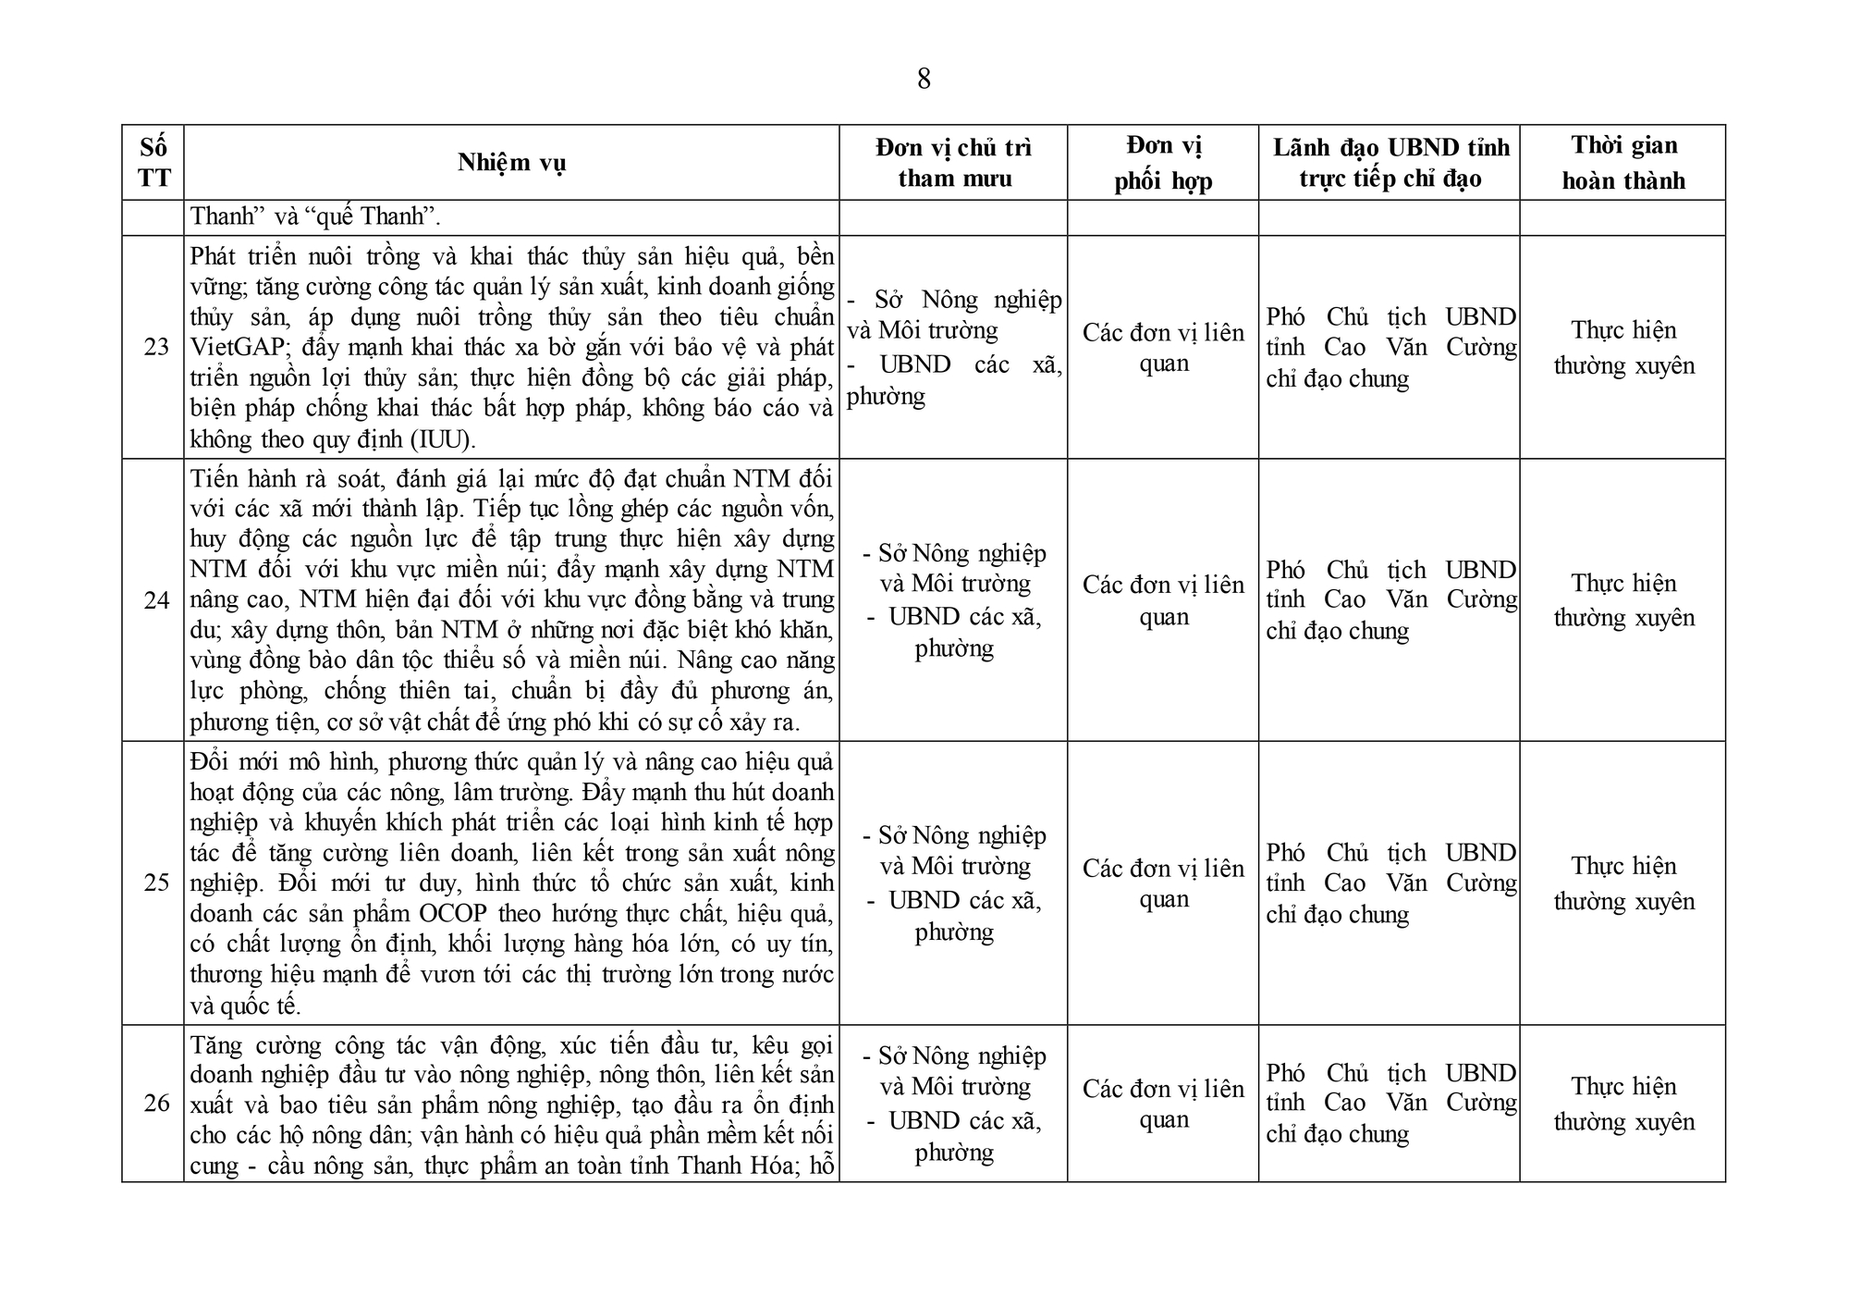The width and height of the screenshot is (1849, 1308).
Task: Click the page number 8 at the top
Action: click(924, 80)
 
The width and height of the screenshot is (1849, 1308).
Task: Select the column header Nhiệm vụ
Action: click(511, 163)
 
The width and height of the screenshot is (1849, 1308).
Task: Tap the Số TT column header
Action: click(153, 163)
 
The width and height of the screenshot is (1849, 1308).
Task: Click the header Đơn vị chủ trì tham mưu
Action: click(953, 163)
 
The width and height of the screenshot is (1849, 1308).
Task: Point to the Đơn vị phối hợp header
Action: click(1163, 163)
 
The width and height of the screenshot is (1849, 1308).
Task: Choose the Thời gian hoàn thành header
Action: click(1623, 163)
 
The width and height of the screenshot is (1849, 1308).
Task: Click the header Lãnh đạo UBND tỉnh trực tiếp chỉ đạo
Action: click(1390, 163)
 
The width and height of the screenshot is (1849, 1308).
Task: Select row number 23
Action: click(156, 347)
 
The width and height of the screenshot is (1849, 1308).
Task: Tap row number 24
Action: click(156, 600)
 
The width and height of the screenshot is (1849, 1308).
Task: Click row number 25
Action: click(156, 882)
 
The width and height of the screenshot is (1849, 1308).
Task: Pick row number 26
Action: click(156, 1103)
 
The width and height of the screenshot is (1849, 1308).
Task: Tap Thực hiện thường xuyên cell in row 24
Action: click(1623, 600)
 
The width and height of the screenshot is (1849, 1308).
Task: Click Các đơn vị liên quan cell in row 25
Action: click(1163, 883)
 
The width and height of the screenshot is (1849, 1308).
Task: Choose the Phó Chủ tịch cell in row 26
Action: click(1390, 1103)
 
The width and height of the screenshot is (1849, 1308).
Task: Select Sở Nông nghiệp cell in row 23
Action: click(954, 315)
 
